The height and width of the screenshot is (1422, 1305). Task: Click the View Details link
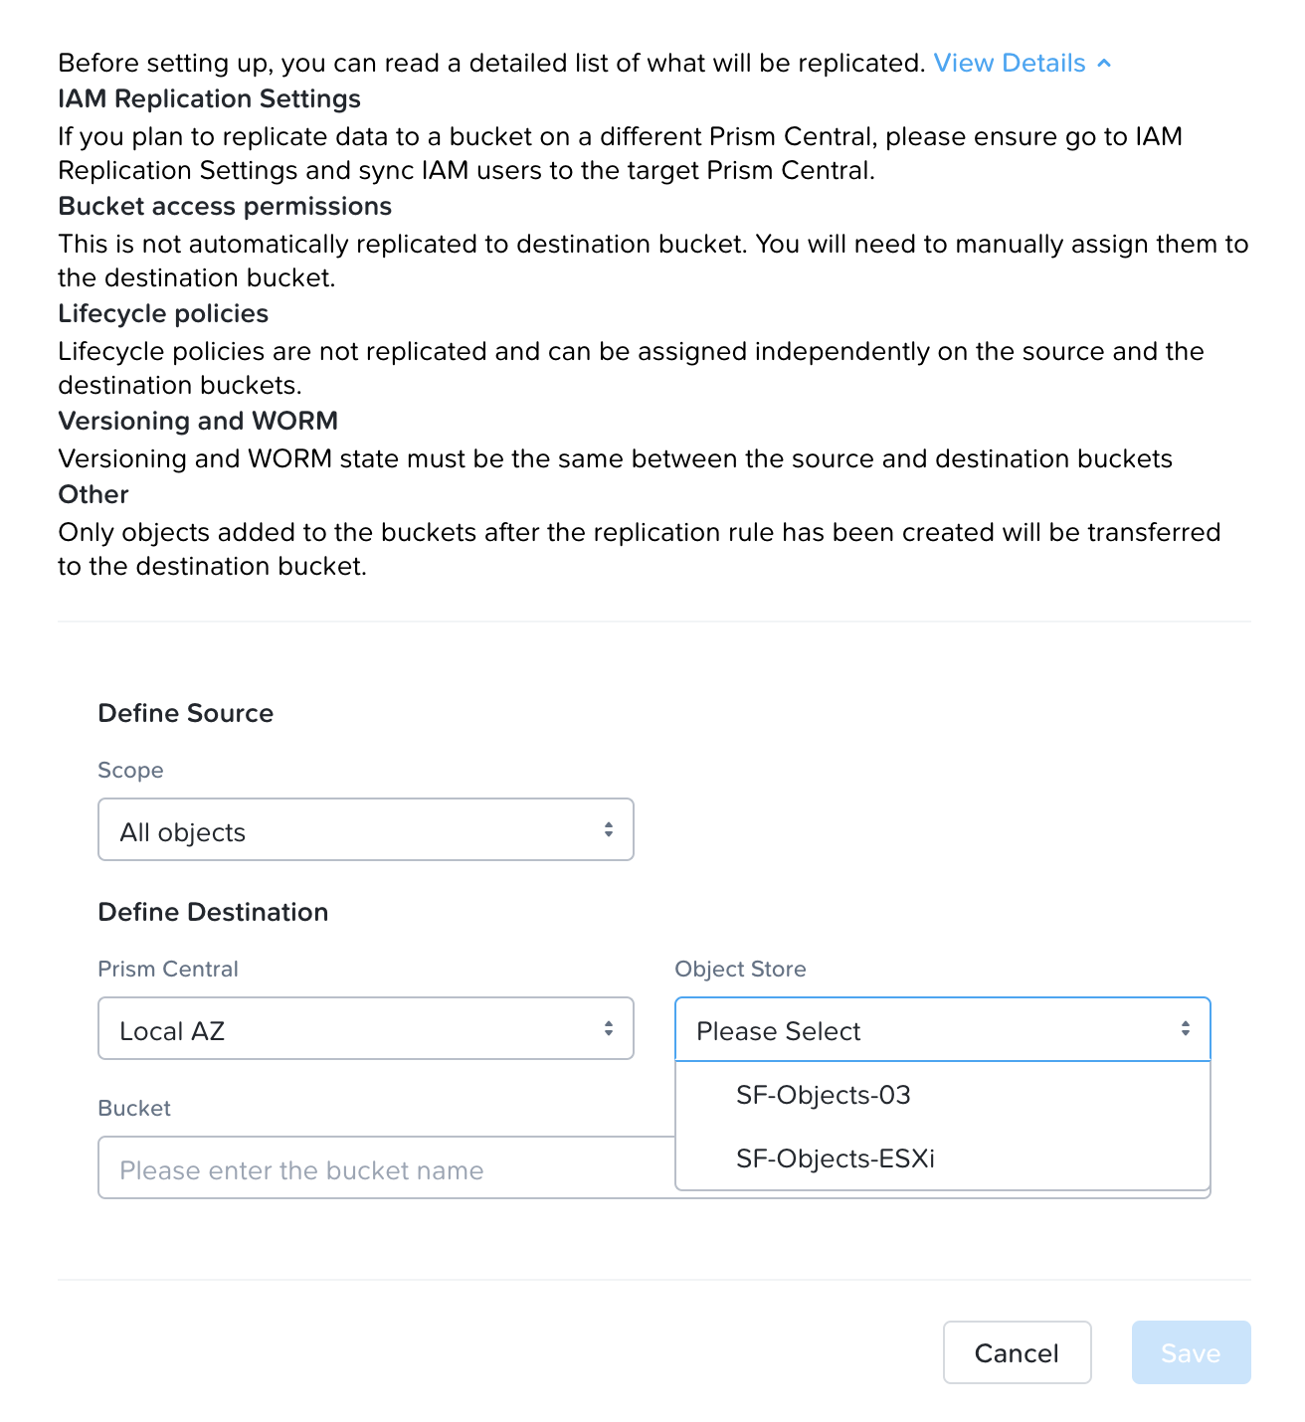click(x=1009, y=64)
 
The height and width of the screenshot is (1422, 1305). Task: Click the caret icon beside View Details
click(x=1104, y=64)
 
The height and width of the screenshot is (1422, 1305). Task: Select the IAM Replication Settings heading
click(x=209, y=99)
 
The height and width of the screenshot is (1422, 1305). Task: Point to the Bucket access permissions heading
click(x=225, y=207)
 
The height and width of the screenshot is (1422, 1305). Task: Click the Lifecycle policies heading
click(x=163, y=314)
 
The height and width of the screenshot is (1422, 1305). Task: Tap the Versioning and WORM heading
click(x=198, y=422)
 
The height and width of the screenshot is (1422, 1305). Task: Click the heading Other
click(x=93, y=495)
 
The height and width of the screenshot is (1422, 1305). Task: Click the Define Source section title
click(x=185, y=714)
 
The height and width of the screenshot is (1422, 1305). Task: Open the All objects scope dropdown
click(x=366, y=830)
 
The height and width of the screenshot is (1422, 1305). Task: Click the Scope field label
click(x=130, y=771)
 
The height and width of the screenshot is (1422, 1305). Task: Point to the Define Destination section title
click(x=213, y=913)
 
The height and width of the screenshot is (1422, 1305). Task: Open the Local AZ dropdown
click(x=366, y=1029)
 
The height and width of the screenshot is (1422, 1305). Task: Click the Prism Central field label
click(x=168, y=970)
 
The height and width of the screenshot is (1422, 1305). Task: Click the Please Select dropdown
click(x=942, y=1029)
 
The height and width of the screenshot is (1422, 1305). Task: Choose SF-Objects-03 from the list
click(x=824, y=1096)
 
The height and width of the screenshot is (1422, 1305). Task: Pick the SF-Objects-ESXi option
click(x=836, y=1159)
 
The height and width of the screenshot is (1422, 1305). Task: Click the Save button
click(x=1191, y=1352)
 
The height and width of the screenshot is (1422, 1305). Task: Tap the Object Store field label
click(x=740, y=970)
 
